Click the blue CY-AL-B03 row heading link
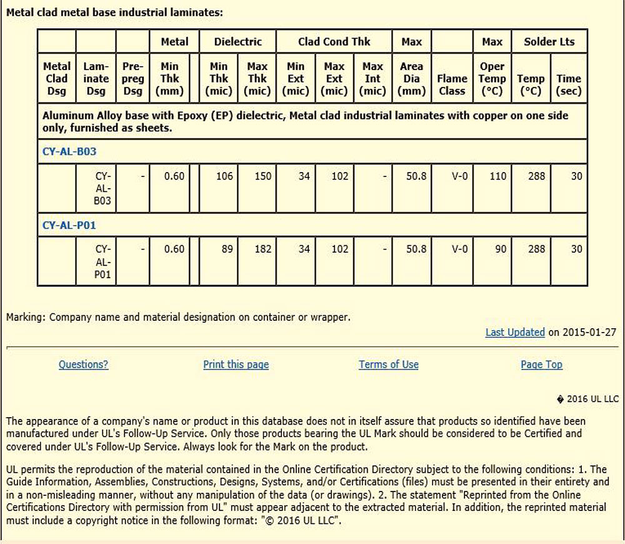tap(69, 151)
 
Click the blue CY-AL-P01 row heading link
tap(69, 225)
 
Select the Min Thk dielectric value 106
tap(224, 176)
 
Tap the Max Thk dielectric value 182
tap(263, 249)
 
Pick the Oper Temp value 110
tap(497, 176)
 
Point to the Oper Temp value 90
tap(501, 249)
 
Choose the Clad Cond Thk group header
tap(334, 42)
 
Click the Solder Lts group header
tap(549, 42)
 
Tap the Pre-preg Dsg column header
tap(132, 79)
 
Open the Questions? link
tap(83, 365)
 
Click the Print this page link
tap(236, 365)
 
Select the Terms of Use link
tap(388, 365)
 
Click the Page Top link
tap(541, 365)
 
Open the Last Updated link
tap(515, 332)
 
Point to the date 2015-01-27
tap(590, 332)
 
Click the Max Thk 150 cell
tap(263, 176)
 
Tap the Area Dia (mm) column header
tap(411, 79)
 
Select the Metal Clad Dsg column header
tap(57, 79)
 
